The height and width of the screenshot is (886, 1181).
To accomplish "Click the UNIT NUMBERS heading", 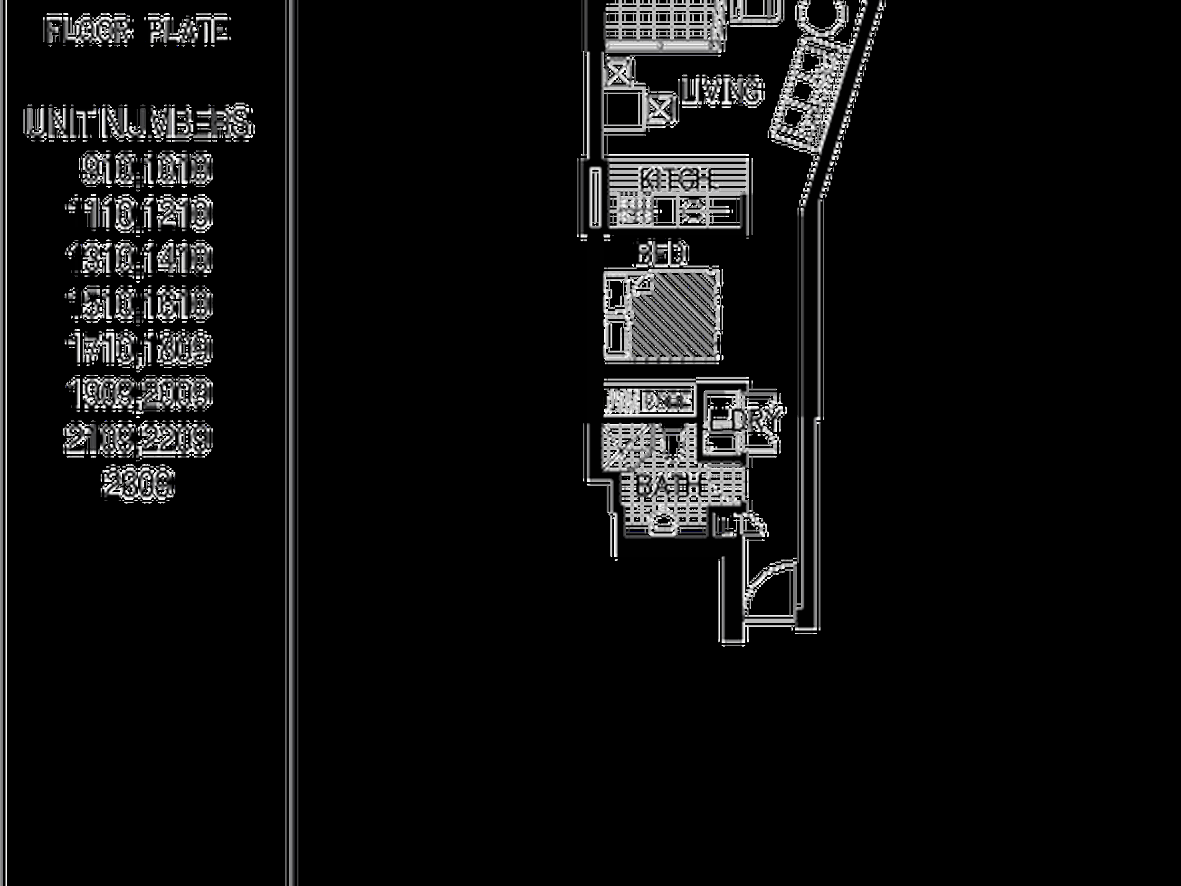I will coord(138,122).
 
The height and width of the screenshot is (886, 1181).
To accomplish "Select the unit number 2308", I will coord(138,484).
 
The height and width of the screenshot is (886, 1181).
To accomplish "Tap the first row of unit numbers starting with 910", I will coord(145,169).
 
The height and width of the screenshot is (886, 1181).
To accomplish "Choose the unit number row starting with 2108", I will coord(138,438).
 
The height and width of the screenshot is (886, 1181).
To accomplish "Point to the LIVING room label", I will coord(721,91).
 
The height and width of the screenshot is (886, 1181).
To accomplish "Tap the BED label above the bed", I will coord(663,254).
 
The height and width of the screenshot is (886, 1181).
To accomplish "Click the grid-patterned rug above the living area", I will coord(663,25).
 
